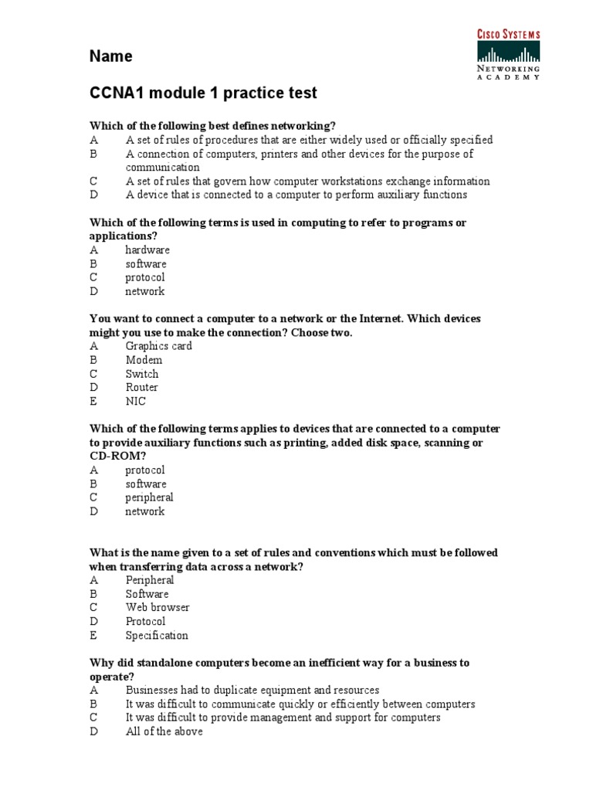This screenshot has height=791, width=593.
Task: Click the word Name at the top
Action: click(110, 56)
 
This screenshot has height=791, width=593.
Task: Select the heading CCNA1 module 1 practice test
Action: click(203, 93)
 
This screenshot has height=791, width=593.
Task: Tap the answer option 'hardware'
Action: click(147, 250)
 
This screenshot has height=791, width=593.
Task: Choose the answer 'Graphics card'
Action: click(158, 346)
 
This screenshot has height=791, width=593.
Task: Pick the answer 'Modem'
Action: click(144, 360)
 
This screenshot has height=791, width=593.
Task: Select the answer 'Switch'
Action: click(142, 374)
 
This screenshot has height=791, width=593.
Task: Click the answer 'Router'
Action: click(142, 388)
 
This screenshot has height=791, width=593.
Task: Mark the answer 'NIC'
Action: click(135, 402)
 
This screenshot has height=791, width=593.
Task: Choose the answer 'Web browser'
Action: click(158, 608)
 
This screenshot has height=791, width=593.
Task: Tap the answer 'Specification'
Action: click(157, 636)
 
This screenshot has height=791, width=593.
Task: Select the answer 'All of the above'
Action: click(164, 732)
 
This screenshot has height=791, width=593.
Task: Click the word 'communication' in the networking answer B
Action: click(163, 168)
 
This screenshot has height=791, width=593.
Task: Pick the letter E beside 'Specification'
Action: click(93, 636)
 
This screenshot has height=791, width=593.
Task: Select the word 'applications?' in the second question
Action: click(124, 236)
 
